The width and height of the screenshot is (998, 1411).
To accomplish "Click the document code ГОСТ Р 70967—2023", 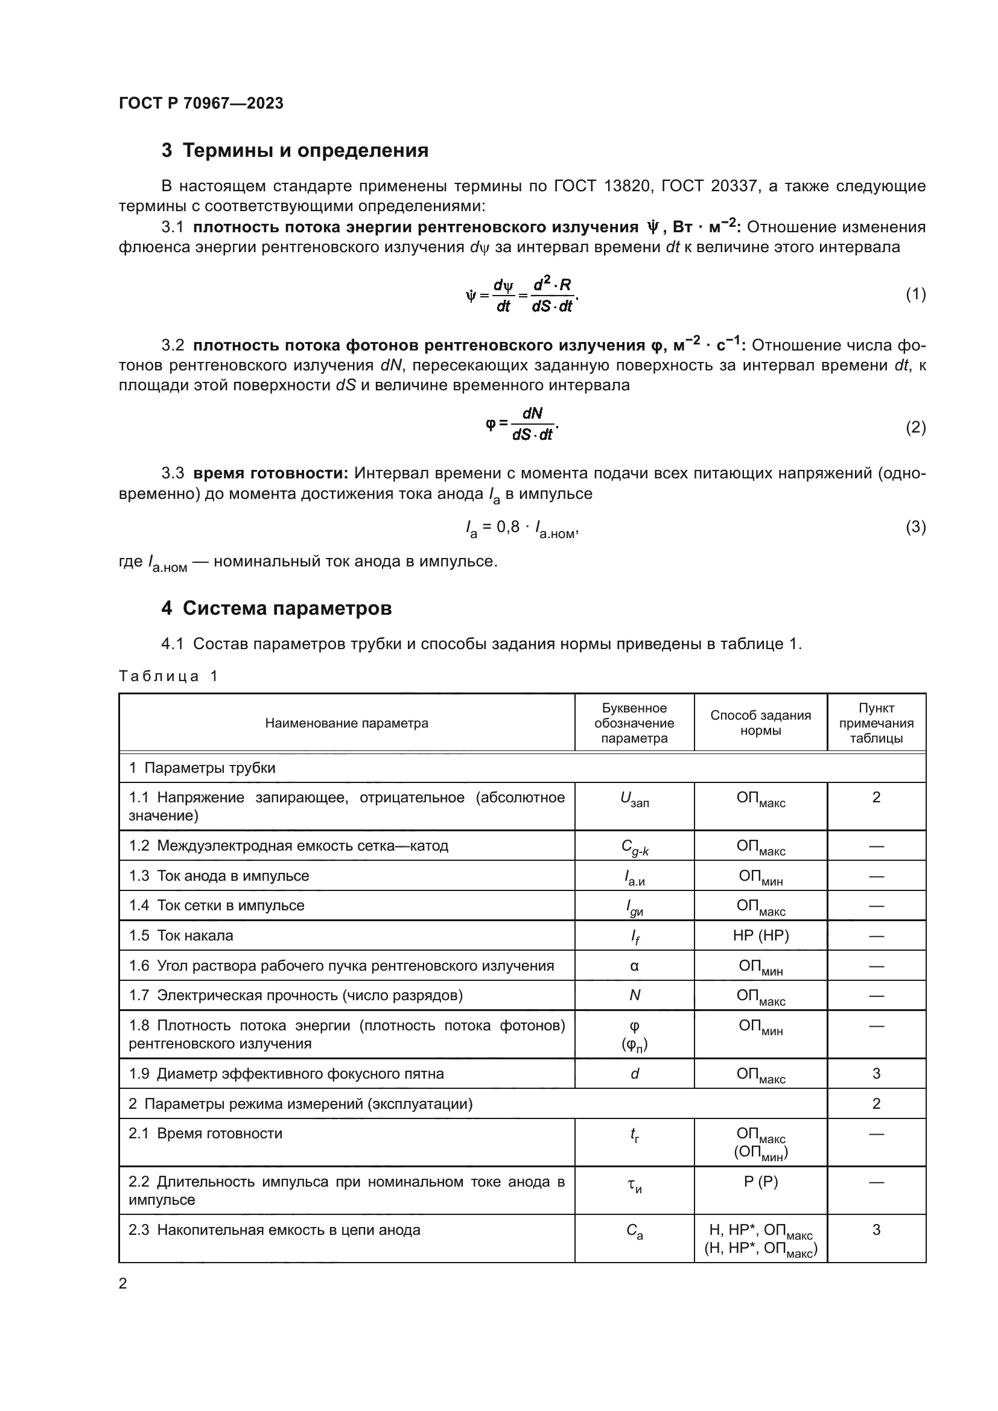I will point(201,103).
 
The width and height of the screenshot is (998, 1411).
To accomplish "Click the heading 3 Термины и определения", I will point(294,151).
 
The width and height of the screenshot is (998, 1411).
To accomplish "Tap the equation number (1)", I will point(915,294).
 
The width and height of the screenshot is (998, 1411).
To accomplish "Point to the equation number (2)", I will point(915,427).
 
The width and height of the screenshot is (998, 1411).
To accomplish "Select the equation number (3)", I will point(915,527).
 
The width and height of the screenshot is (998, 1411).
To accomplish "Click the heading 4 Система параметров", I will point(276,609).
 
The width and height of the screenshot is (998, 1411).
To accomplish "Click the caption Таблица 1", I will point(168,676).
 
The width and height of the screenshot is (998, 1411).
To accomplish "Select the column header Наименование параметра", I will point(346,723).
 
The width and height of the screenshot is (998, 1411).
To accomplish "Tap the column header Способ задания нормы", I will point(760,723).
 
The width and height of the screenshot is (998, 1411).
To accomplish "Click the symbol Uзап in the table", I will point(634,799).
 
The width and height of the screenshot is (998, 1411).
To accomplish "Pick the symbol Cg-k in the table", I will point(634,847).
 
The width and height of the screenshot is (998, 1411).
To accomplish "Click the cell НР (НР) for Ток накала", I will point(760,936).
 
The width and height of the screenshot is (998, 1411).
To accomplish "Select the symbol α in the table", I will point(634,965).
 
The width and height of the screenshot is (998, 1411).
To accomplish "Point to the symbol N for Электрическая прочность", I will point(634,995).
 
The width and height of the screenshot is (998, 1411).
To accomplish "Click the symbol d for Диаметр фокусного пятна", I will point(634,1074).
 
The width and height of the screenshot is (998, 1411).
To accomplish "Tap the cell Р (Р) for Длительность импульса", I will point(760,1182).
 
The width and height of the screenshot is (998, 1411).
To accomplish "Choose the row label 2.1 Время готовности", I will point(205,1134).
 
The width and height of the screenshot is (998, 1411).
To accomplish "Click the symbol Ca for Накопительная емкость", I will point(634,1231).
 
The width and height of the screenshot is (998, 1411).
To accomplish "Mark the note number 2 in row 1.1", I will point(876,797).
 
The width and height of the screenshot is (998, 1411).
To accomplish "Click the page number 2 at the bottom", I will point(123,1284).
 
